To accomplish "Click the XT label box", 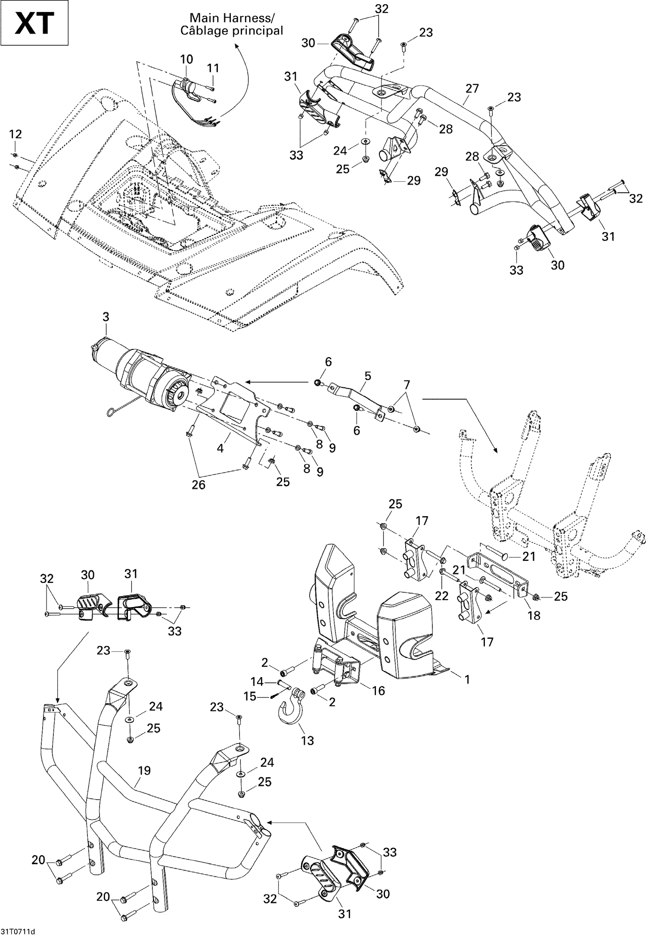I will [34, 23].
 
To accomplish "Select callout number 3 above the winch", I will [106, 317].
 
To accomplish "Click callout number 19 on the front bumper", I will [144, 770].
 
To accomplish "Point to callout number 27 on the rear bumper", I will [472, 88].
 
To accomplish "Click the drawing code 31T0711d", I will [18, 930].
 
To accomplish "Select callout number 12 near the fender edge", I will [16, 134].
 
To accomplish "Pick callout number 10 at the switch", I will [186, 59].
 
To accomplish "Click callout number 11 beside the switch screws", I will [213, 68].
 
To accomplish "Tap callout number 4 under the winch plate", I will [220, 448].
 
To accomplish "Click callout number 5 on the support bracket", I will [367, 376].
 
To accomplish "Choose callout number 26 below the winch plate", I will [199, 485].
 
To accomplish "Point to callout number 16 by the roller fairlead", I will [379, 691].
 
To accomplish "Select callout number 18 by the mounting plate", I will [534, 615].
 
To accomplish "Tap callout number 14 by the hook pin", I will [257, 682].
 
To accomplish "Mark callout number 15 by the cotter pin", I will [250, 697].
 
